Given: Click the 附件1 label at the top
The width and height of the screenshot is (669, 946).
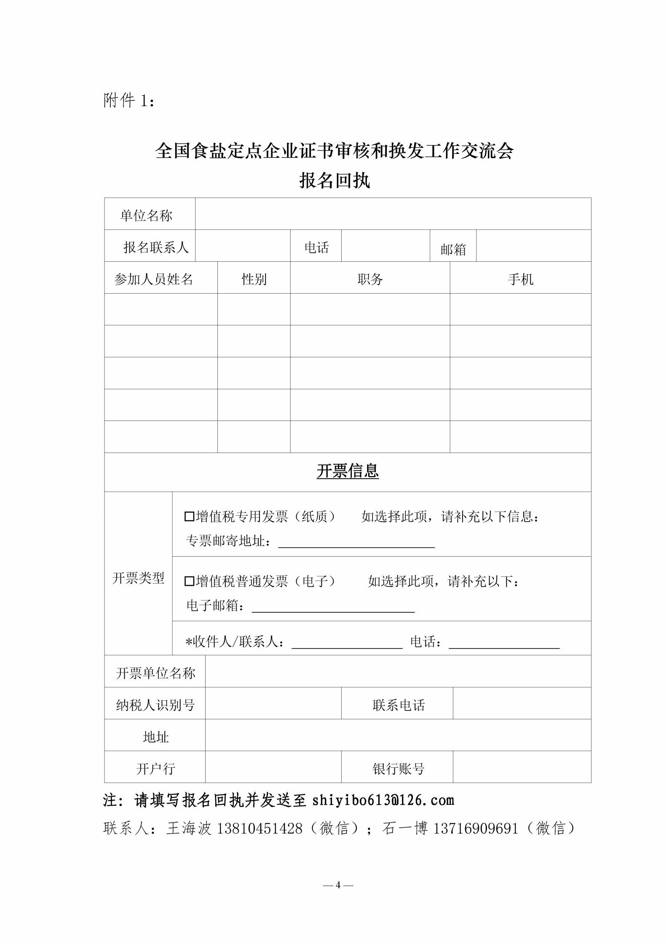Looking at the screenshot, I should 129,101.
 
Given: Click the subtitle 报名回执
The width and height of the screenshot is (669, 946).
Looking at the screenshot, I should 334,181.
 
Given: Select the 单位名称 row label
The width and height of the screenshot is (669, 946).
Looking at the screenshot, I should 146,216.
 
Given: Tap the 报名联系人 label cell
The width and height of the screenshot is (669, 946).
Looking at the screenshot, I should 156,247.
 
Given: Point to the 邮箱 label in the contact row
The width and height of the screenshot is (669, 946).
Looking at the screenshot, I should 453,249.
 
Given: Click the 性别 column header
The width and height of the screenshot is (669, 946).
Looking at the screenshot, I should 254,279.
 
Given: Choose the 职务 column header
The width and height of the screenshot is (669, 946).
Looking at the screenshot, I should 370,279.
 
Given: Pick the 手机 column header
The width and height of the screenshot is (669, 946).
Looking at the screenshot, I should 520,279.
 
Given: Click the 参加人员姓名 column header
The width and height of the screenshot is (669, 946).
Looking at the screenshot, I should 153,279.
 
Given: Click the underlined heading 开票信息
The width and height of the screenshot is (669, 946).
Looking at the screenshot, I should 348,471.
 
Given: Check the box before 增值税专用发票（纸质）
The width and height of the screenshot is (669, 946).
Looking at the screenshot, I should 189,517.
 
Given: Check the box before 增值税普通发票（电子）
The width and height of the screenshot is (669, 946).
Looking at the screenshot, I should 189,582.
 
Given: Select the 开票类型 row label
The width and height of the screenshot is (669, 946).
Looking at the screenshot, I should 138,578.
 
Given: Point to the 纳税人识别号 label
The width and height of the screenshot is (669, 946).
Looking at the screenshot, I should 155,705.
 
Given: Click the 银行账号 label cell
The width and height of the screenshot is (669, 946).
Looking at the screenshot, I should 398,769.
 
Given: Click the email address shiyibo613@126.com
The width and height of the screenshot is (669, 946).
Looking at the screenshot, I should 383,800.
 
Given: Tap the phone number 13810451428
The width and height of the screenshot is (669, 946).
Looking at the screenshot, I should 260,828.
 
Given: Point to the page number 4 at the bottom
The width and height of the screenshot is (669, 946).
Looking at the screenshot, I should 338,885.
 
